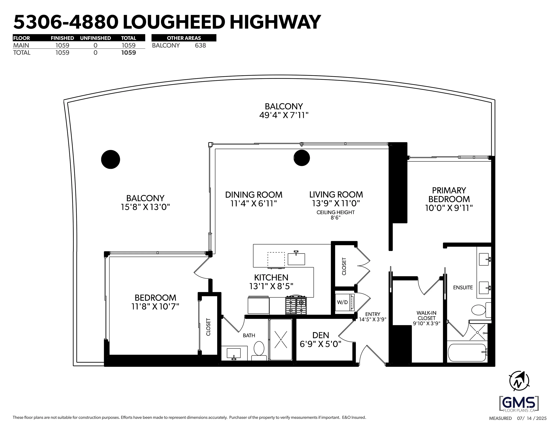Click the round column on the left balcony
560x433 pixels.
110,159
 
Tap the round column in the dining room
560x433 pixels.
302,158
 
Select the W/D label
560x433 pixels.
342,302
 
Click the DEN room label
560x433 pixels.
321,335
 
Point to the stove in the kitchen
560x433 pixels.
296,305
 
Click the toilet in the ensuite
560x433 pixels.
478,310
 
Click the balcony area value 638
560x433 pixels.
200,45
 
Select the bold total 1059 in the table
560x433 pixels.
128,53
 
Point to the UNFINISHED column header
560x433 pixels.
95,38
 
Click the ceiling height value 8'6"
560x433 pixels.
335,218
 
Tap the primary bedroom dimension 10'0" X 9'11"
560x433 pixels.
449,208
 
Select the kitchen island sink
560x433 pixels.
296,259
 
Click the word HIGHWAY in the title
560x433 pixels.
275,22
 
